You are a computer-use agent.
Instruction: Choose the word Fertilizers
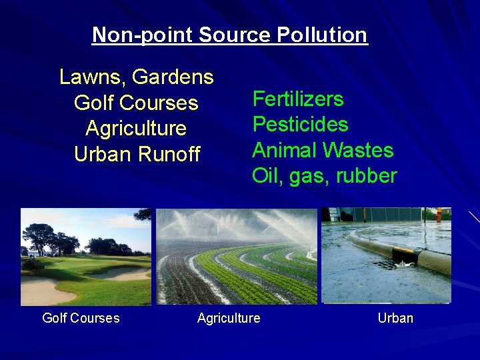297,99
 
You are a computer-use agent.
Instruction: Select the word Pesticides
300,125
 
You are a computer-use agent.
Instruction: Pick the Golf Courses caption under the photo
81,318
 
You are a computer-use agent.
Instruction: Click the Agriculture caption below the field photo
229,318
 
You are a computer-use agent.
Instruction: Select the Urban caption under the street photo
395,318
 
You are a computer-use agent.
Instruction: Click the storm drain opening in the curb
405,257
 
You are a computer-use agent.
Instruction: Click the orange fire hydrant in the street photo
439,215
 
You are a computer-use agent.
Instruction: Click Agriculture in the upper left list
136,129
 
